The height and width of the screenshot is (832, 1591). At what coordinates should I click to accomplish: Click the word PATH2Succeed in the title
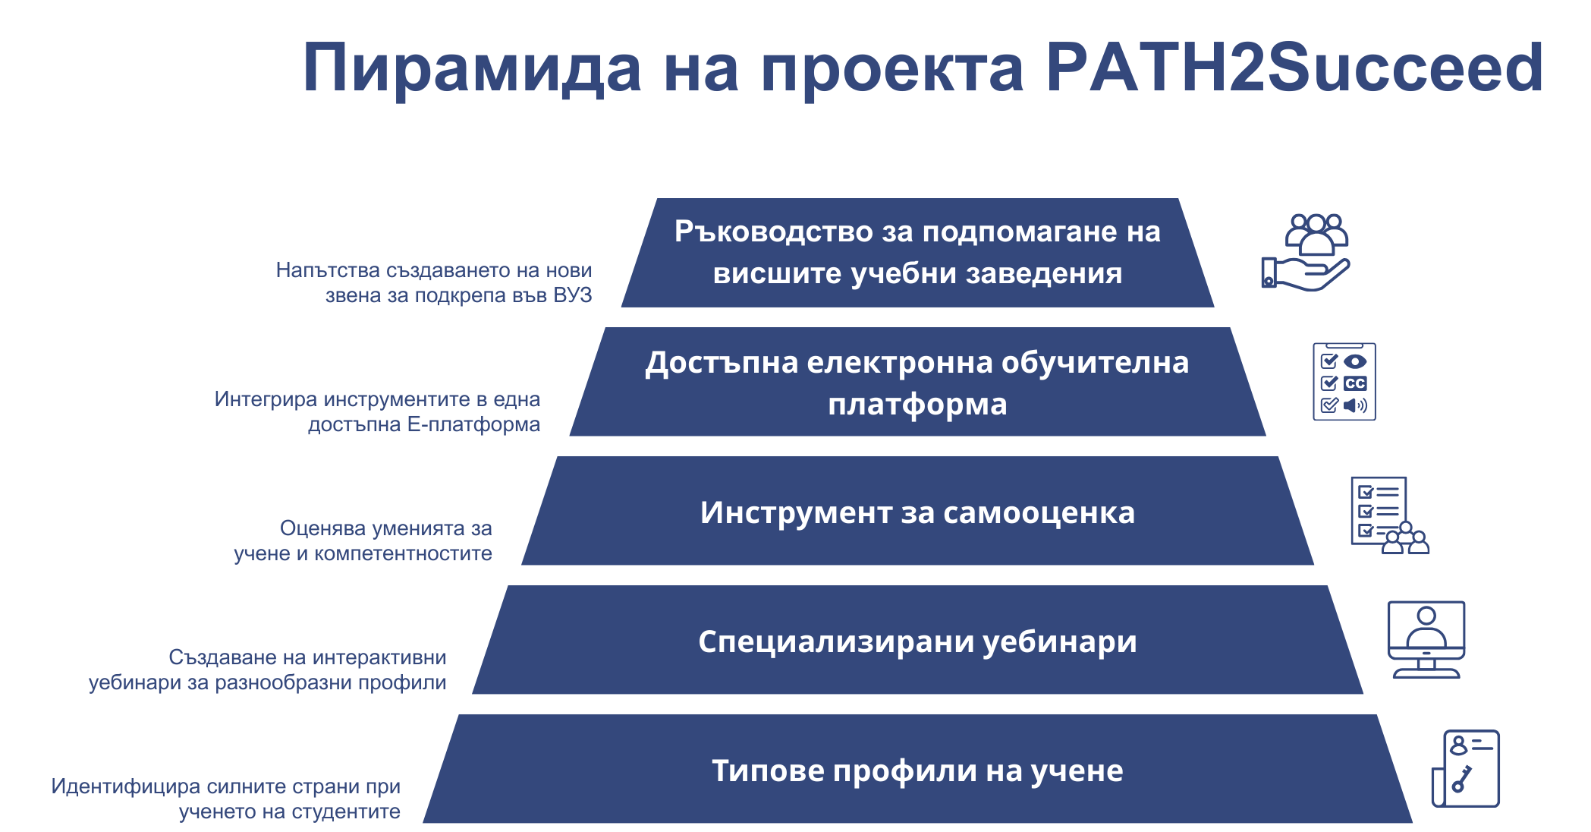click(x=1294, y=68)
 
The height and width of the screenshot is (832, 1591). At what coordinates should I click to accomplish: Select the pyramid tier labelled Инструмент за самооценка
click(x=917, y=511)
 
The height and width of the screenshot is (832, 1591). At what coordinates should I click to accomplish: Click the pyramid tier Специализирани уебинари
click(x=917, y=640)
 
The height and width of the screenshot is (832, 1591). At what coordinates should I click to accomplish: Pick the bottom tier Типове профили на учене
click(x=917, y=769)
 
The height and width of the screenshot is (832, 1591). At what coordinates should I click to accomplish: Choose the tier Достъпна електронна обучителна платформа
click(x=917, y=382)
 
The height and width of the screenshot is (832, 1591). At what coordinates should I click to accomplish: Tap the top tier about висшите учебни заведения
click(x=917, y=253)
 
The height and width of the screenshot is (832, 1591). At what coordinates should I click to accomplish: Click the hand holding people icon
click(x=1306, y=252)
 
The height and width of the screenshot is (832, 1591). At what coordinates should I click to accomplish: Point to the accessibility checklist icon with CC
click(x=1344, y=382)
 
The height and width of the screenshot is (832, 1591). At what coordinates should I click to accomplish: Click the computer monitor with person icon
click(x=1426, y=640)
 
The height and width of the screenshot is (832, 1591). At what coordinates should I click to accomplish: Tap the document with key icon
click(x=1466, y=768)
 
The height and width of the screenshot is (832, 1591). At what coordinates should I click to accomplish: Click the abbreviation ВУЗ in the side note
click(x=573, y=295)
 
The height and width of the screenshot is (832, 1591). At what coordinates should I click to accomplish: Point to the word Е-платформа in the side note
click(x=473, y=424)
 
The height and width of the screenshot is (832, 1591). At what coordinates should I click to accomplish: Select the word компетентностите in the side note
click(x=403, y=553)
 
